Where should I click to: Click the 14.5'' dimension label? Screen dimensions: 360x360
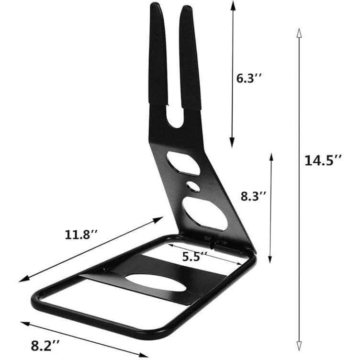click(x=323, y=160)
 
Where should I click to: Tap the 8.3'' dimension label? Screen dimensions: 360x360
click(x=252, y=196)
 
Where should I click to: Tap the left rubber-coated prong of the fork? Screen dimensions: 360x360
click(x=158, y=53)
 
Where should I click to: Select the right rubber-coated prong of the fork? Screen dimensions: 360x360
click(x=190, y=57)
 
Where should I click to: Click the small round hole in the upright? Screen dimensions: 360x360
click(x=192, y=185)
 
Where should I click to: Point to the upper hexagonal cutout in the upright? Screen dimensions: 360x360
click(x=183, y=163)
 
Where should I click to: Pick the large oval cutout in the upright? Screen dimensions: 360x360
click(x=204, y=213)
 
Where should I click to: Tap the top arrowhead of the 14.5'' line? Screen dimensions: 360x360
click(x=299, y=33)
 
